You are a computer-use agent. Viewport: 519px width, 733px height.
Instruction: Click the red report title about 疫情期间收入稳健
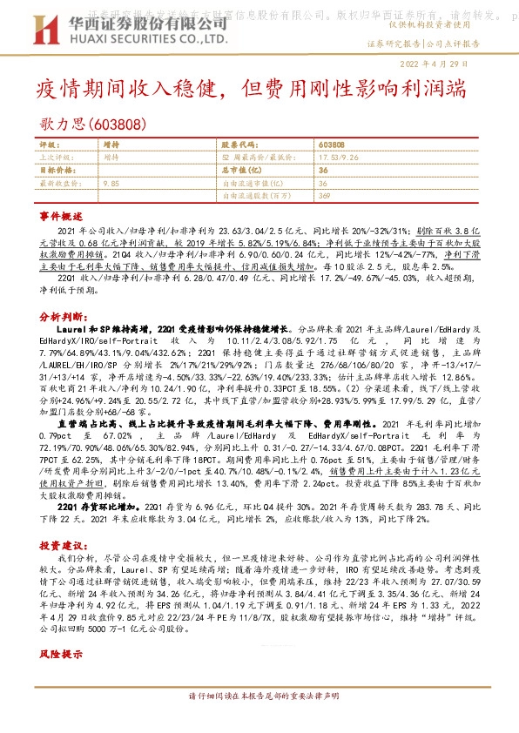point(249,90)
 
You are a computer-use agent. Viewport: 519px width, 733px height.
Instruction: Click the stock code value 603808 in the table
point(332,145)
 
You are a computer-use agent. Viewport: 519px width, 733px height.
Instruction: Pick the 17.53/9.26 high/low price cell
point(340,158)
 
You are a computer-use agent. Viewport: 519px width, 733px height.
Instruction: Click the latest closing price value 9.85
point(111,184)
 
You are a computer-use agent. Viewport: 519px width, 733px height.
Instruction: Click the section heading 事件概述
point(61,215)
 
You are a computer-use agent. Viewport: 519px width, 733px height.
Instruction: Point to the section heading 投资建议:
point(62,544)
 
